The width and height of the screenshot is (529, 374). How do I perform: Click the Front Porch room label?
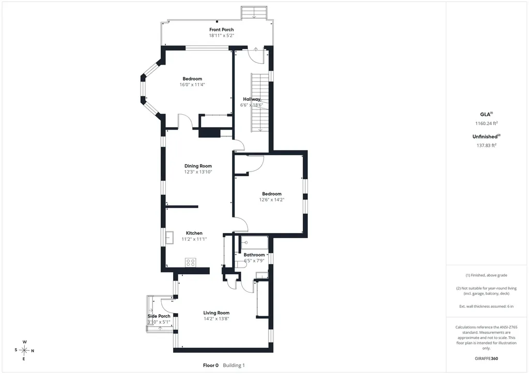(x=221, y=29)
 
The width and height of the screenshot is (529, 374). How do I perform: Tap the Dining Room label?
(x=198, y=166)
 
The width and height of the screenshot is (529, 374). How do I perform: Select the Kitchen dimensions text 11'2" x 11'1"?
(x=194, y=239)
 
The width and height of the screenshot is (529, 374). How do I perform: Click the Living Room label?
(x=216, y=313)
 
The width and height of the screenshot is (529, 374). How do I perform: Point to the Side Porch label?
(x=159, y=316)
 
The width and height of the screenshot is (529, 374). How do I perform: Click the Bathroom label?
(x=254, y=255)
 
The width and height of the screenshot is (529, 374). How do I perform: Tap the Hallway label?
(x=252, y=99)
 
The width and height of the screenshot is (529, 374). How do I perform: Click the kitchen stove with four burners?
(x=191, y=262)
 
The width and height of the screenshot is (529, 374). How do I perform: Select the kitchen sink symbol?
(x=169, y=238)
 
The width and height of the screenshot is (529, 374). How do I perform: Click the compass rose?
(x=24, y=350)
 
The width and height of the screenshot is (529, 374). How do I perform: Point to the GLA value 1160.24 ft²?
(x=487, y=123)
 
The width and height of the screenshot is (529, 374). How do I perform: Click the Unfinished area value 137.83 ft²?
(x=487, y=145)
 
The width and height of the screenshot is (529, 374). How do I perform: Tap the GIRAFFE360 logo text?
(x=486, y=359)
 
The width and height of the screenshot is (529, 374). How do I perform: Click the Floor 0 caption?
(x=211, y=365)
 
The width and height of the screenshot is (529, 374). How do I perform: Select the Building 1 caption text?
(x=234, y=365)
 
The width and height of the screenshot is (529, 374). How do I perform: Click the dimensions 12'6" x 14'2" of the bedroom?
(x=272, y=199)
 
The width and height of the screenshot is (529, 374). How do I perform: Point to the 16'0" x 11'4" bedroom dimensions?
(x=192, y=85)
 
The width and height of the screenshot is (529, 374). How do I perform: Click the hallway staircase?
(x=260, y=103)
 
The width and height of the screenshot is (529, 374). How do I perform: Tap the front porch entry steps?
(x=254, y=13)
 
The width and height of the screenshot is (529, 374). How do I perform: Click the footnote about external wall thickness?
(x=487, y=306)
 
